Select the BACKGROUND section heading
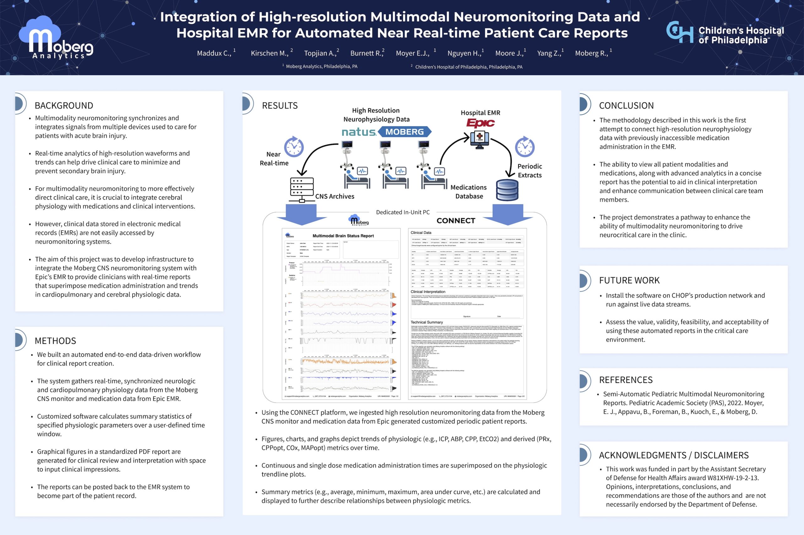(x=64, y=105)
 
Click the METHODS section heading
(x=55, y=341)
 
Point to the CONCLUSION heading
(x=626, y=105)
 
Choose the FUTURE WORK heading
(x=629, y=280)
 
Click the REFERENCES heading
(x=626, y=380)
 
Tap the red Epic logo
(x=481, y=123)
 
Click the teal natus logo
(x=359, y=132)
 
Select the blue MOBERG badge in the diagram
(x=405, y=132)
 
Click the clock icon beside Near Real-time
(x=294, y=147)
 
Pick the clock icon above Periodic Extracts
(x=524, y=147)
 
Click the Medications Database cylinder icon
(x=507, y=190)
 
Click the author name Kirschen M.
(x=269, y=53)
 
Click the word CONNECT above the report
(x=456, y=221)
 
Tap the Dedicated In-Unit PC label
(x=403, y=212)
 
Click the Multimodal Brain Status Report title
(x=343, y=236)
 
